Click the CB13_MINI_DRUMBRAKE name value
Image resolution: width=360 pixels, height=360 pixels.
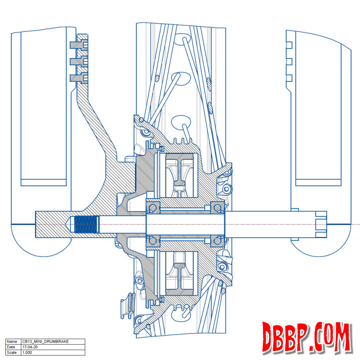pos(45,342)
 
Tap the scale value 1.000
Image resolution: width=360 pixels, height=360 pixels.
pos(27,352)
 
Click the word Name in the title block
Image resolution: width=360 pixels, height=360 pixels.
pos(12,342)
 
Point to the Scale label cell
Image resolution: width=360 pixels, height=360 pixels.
pos(12,352)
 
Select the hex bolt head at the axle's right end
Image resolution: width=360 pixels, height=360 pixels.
pos(321,224)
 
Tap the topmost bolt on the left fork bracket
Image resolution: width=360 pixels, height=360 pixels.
pos(79,45)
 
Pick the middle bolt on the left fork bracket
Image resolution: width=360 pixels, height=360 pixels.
pos(79,61)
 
